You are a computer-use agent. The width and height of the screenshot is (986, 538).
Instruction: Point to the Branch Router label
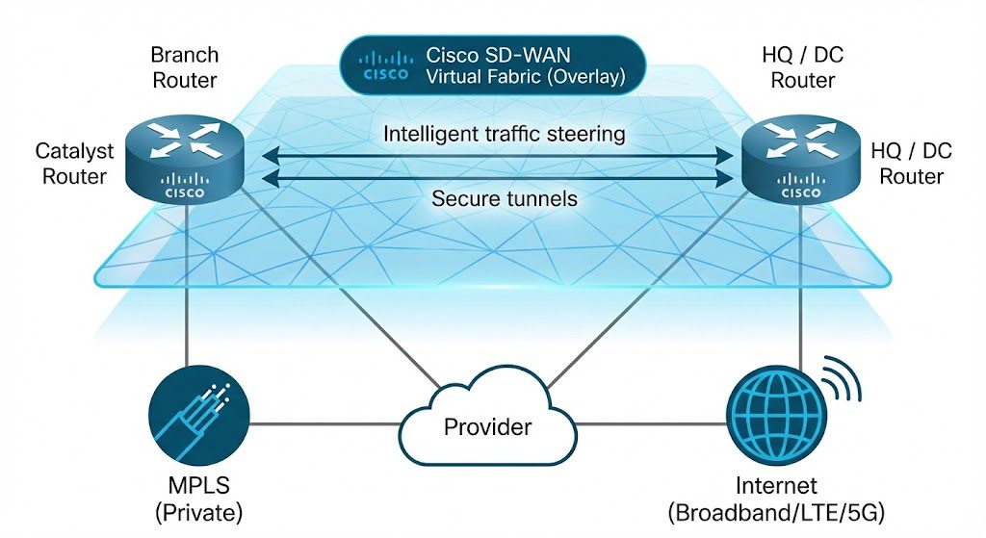185,66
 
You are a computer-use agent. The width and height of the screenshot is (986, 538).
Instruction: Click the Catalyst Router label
74,164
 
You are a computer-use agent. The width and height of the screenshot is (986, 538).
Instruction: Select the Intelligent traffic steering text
504,134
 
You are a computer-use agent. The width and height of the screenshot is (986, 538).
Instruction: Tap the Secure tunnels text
504,198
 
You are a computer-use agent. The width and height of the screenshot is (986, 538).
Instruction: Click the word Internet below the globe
775,485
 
